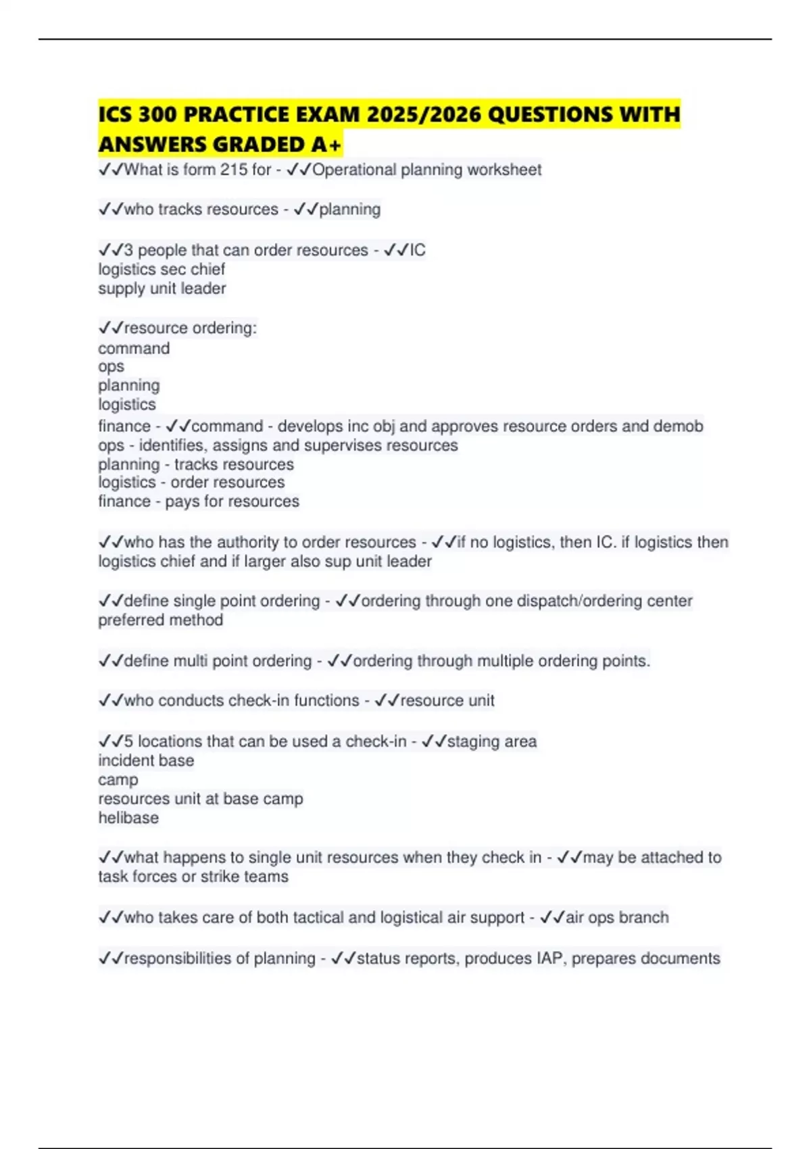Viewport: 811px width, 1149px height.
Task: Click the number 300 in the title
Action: [x=157, y=114]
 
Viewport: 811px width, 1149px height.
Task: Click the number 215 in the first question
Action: [x=234, y=170]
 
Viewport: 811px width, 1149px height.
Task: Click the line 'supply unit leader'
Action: [x=162, y=289]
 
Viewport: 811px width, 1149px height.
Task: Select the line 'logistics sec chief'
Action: [x=162, y=269]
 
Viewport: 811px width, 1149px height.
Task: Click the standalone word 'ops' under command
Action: [x=111, y=366]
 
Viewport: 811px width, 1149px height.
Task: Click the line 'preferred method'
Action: [x=160, y=620]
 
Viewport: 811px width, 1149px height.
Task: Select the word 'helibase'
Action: [x=128, y=818]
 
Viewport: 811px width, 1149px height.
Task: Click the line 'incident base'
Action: [x=146, y=760]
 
